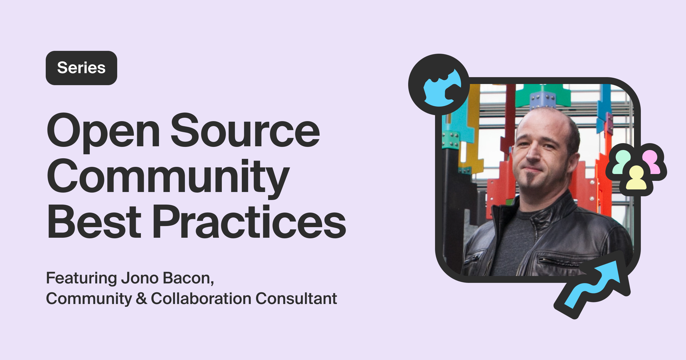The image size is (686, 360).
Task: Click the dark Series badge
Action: pyautogui.click(x=81, y=68)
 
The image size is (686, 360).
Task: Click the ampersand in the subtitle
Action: pyautogui.click(x=141, y=299)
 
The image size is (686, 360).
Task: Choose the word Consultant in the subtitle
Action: pyautogui.click(x=296, y=299)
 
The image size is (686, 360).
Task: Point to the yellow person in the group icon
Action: pyautogui.click(x=636, y=179)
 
